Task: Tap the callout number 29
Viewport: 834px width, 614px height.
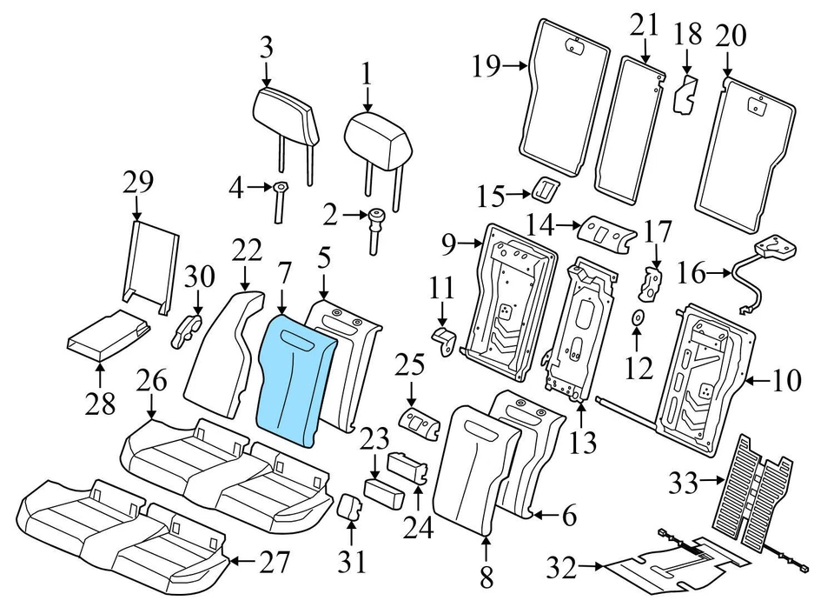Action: [138, 183]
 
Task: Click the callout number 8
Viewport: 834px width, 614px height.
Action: [485, 576]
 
